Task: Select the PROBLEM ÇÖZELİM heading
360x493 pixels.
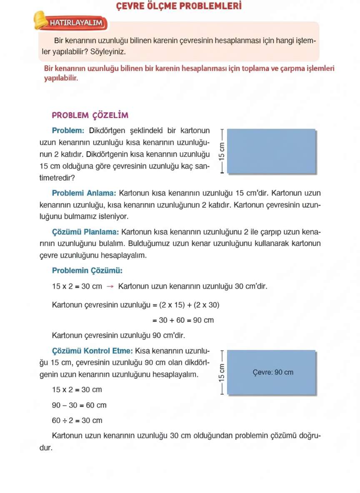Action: tap(90, 115)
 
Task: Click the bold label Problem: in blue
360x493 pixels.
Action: tap(68, 131)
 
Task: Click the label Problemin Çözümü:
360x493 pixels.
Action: tap(87, 271)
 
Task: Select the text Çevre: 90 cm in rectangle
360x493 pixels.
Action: tap(273, 372)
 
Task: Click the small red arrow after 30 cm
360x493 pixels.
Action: tap(110, 286)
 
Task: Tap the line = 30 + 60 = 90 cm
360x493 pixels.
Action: tap(182, 320)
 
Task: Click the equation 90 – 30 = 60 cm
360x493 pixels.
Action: tap(79, 405)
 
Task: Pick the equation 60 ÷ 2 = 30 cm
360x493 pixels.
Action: tap(77, 421)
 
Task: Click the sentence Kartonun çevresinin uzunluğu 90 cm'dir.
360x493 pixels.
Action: tap(118, 335)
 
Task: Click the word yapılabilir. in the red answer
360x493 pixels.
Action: tap(61, 78)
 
